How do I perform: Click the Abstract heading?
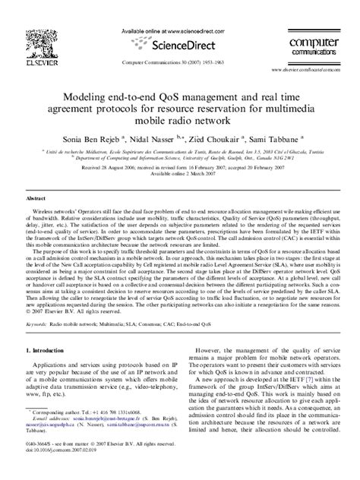[38, 197]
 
